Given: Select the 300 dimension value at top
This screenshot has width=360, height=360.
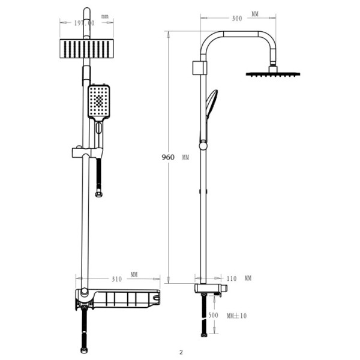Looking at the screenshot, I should click(x=236, y=19).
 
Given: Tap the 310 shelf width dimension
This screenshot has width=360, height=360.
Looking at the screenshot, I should click(x=117, y=279).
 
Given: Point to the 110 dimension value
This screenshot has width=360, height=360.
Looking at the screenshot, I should click(x=233, y=279).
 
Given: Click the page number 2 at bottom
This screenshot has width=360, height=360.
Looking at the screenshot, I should click(x=180, y=352).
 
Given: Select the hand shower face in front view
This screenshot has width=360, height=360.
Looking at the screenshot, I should click(x=99, y=102).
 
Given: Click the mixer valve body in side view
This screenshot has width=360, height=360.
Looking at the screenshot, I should click(x=210, y=292).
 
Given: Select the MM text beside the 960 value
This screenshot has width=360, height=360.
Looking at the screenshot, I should click(x=185, y=157).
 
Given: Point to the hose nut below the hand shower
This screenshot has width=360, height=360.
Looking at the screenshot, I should click(x=98, y=194).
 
